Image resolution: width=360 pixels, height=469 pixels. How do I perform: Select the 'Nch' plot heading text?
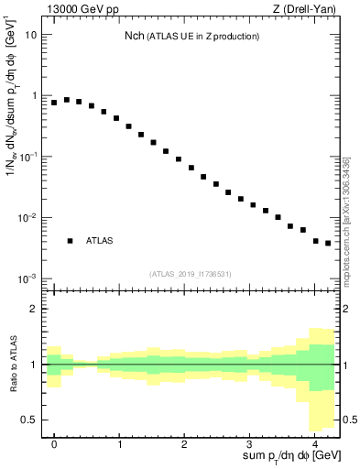point(134,37)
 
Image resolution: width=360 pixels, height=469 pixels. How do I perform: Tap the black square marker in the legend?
point(70,241)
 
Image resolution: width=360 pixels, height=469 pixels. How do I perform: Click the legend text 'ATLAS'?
point(100,241)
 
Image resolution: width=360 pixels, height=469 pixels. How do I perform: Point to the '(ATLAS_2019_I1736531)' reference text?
point(190,274)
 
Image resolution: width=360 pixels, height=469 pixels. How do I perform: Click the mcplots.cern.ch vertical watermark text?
point(345,221)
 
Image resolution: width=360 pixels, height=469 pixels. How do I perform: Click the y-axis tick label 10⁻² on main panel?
point(30,218)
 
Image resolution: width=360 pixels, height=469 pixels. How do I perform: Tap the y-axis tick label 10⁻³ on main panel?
point(30,278)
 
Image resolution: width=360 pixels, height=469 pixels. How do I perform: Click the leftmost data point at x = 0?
point(54,103)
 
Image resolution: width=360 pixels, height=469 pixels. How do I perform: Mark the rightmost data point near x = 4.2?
point(328,244)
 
